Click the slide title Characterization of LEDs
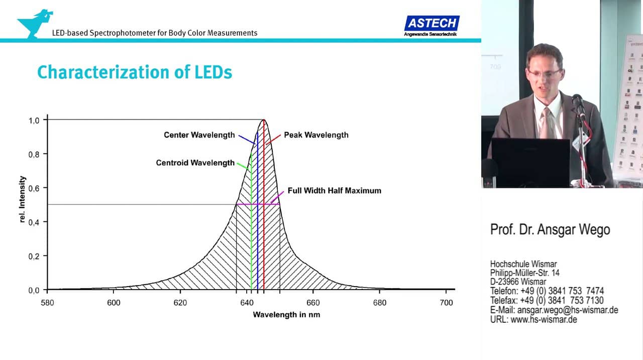tap(135, 72)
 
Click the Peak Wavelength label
tap(316, 135)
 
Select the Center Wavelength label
tap(199, 135)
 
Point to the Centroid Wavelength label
tap(195, 163)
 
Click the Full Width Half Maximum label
tap(334, 191)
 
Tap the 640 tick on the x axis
tap(247, 303)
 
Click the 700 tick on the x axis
tap(446, 303)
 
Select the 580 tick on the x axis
tap(47, 303)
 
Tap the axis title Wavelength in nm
tap(286, 315)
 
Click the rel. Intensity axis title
tap(22, 199)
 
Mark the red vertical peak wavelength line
tap(264, 226)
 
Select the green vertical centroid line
tap(251, 241)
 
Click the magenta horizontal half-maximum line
tap(244, 204)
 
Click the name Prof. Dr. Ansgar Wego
tap(550, 230)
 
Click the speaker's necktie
tap(546, 121)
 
